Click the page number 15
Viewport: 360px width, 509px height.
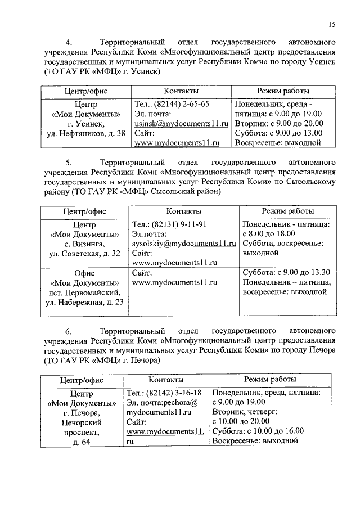pyautogui.click(x=332, y=24)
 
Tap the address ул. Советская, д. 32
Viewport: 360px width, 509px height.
pyautogui.click(x=84, y=254)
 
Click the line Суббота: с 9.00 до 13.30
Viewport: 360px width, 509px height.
pyautogui.click(x=286, y=272)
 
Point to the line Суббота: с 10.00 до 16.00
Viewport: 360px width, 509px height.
pyautogui.click(x=258, y=431)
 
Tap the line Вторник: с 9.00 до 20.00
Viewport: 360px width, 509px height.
pyautogui.click(x=278, y=124)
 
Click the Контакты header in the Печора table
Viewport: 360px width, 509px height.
pyautogui.click(x=166, y=380)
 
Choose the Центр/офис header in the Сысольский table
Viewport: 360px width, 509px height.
pyautogui.click(x=85, y=211)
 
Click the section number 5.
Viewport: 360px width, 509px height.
pyautogui.click(x=69, y=163)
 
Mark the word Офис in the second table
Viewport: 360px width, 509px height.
pyautogui.click(x=84, y=272)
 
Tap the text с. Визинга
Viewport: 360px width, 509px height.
pyautogui.click(x=84, y=244)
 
